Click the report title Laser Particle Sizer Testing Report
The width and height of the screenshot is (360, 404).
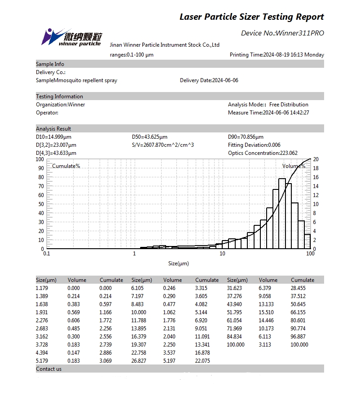tap(251, 17)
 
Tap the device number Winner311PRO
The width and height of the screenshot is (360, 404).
tap(300, 33)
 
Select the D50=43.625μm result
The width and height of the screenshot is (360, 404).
tap(150, 137)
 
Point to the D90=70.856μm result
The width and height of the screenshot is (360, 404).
tap(246, 137)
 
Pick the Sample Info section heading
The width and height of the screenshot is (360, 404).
tap(50, 64)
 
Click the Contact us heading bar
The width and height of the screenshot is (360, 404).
tap(49, 369)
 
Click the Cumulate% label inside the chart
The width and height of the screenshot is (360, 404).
tap(66, 166)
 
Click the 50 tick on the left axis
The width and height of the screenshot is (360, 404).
tap(40, 204)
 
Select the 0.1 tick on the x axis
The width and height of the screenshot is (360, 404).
tap(46, 254)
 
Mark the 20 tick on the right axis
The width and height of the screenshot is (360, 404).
tap(316, 159)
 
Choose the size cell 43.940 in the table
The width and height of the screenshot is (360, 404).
tap(235, 304)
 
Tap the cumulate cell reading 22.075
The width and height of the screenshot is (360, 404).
tap(203, 361)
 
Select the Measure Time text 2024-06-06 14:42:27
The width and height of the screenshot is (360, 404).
tap(286, 113)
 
